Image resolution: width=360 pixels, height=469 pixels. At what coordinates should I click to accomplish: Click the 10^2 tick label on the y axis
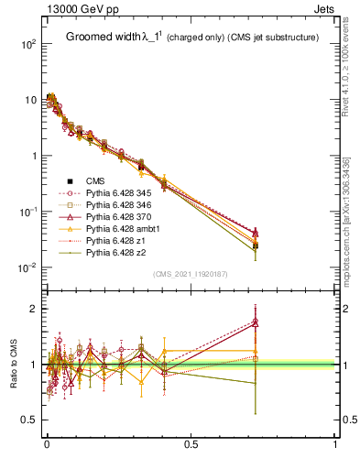[x=27, y=44]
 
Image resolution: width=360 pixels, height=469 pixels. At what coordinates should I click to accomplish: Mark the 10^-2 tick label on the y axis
[x=27, y=267]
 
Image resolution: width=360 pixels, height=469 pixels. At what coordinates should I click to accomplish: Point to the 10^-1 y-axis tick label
[x=27, y=212]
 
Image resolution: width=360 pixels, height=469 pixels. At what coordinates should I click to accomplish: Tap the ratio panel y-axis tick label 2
[x=33, y=310]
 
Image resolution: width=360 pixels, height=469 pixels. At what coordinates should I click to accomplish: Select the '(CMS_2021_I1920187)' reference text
[x=191, y=274]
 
